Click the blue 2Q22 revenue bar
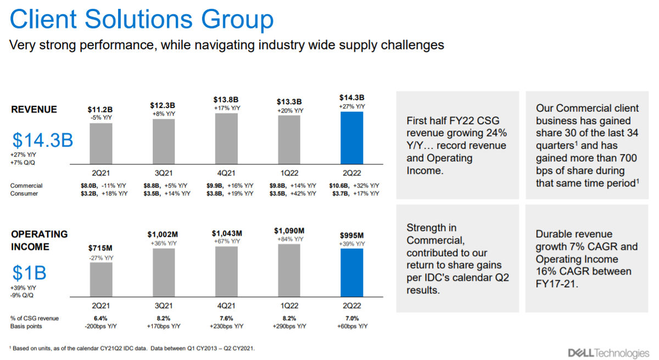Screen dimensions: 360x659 [351, 138]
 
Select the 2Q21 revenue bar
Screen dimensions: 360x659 [101, 143]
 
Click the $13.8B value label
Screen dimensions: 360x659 [226, 99]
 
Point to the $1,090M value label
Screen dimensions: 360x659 [289, 230]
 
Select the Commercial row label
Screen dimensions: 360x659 [26, 186]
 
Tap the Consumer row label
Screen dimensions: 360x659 [24, 194]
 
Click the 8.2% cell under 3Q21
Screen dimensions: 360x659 [164, 318]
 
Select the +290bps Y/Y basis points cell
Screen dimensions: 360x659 [289, 326]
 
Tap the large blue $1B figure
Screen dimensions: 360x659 [29, 273]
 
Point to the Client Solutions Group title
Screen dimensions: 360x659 [142, 20]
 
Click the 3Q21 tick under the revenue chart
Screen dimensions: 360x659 [164, 172]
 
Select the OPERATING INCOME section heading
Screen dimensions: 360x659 [40, 240]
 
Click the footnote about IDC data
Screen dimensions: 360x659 [132, 348]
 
